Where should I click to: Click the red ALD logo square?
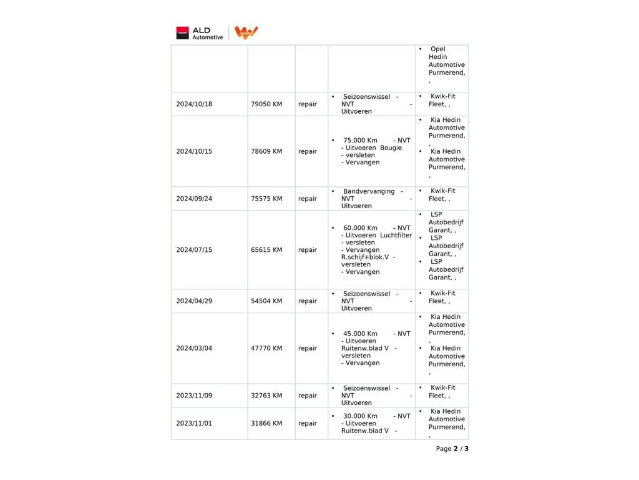coord(182,32)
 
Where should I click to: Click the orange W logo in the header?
coord(246,32)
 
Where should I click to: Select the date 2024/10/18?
coord(194,104)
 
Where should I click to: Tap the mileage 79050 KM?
coord(266,104)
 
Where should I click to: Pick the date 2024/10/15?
coord(194,151)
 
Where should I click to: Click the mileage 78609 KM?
coord(266,151)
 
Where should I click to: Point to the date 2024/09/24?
coord(194,199)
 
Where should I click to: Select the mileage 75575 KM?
coord(266,199)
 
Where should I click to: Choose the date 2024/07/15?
coord(194,250)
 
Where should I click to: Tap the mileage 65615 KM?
coord(266,250)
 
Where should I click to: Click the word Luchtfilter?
coord(396,236)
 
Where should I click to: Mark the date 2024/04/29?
coord(194,301)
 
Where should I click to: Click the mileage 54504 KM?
coord(266,301)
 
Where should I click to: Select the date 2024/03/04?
coord(194,348)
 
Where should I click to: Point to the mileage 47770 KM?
coord(266,348)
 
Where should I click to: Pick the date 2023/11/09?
coord(194,396)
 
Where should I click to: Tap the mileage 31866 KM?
coord(266,423)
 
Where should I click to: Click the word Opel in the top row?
coord(437,49)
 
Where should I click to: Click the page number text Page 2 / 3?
coord(452,449)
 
